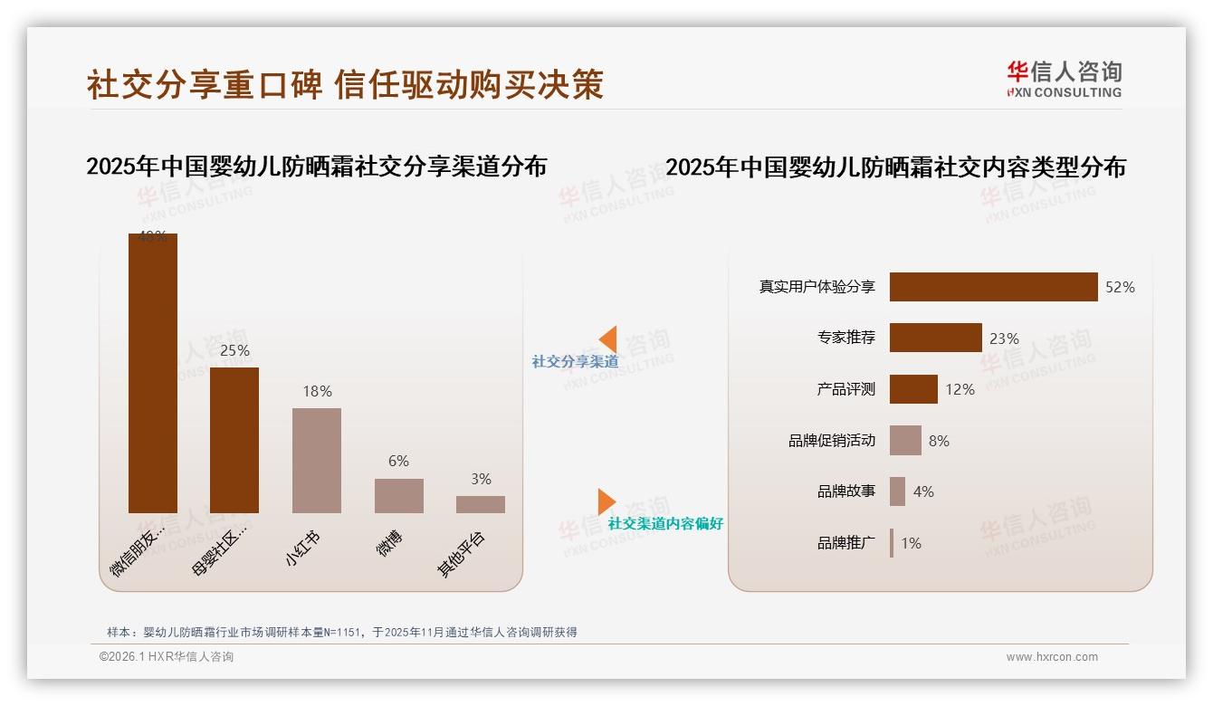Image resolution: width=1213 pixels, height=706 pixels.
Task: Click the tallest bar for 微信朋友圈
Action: (152, 373)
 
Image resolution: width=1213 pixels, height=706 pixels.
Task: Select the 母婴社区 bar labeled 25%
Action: (234, 440)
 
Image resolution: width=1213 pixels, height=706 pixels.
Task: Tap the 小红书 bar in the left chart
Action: (317, 460)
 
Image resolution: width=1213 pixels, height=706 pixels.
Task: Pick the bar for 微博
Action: (398, 496)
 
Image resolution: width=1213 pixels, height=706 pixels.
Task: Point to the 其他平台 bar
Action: (480, 504)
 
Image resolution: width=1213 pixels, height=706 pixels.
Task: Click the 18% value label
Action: (317, 391)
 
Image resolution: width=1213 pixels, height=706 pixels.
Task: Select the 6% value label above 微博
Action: (398, 461)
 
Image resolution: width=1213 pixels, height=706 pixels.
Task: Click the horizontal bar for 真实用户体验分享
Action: (993, 287)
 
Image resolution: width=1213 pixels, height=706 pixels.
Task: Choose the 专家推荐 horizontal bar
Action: (935, 338)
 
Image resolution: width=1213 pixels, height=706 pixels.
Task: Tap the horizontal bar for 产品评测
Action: (913, 389)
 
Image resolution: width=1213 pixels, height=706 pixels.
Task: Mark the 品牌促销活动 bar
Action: (905, 441)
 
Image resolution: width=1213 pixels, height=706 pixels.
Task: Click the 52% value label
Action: (1120, 287)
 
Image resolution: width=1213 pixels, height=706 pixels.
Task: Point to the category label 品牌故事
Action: (846, 491)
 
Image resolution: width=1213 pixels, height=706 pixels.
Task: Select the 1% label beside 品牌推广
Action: (911, 543)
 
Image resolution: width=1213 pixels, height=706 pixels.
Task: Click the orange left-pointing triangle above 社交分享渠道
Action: (608, 339)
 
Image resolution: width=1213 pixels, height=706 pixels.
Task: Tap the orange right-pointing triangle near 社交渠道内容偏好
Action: (606, 501)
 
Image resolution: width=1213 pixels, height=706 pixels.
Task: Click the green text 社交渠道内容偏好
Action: (665, 523)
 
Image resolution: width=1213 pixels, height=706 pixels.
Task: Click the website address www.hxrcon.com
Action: (1052, 657)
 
